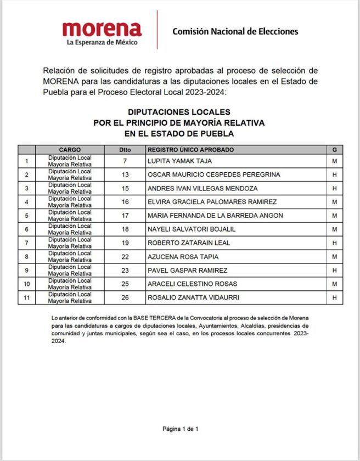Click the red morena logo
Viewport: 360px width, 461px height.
102,28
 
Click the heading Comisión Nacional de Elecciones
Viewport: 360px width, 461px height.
235,31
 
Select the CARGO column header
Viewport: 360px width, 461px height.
70,149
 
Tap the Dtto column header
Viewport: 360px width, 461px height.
125,149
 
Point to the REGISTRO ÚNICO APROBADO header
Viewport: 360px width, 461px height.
190,149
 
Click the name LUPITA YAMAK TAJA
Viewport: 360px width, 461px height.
179,161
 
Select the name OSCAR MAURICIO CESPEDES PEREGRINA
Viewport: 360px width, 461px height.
214,175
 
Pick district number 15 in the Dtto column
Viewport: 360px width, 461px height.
125,188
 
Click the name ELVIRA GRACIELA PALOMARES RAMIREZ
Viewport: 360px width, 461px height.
212,202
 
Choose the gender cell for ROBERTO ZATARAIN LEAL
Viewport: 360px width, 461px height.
334,243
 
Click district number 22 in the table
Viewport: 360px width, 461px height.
125,257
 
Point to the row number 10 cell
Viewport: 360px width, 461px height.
26,284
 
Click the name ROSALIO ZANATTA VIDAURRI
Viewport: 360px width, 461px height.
193,298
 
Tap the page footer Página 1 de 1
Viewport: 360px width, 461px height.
180,429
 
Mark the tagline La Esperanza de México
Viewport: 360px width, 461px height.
102,42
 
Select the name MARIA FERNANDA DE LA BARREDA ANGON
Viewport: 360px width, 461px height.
215,216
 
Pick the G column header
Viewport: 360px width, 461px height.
334,149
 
